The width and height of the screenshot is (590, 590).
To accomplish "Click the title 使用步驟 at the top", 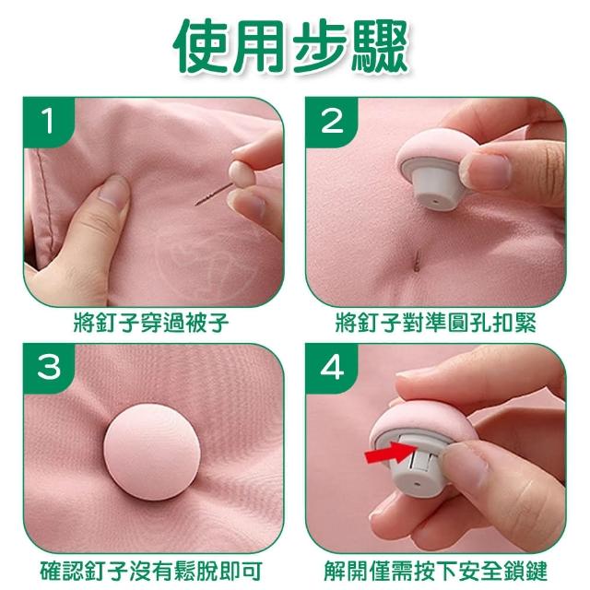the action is (290, 46).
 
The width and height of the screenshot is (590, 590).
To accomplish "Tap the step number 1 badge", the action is (48, 121).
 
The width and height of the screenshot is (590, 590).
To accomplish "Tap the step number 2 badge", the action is (331, 121).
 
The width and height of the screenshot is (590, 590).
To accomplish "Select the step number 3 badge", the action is (48, 367).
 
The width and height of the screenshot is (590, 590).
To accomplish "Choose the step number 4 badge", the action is (331, 367).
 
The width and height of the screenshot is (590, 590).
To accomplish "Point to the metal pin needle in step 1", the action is (213, 195).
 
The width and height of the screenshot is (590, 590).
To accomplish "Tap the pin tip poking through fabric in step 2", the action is (416, 261).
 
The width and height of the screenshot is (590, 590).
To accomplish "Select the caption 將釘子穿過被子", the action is (151, 323).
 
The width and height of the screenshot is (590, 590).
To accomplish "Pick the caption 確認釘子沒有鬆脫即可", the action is (151, 571).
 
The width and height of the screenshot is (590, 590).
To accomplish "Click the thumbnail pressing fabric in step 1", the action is (112, 191).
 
